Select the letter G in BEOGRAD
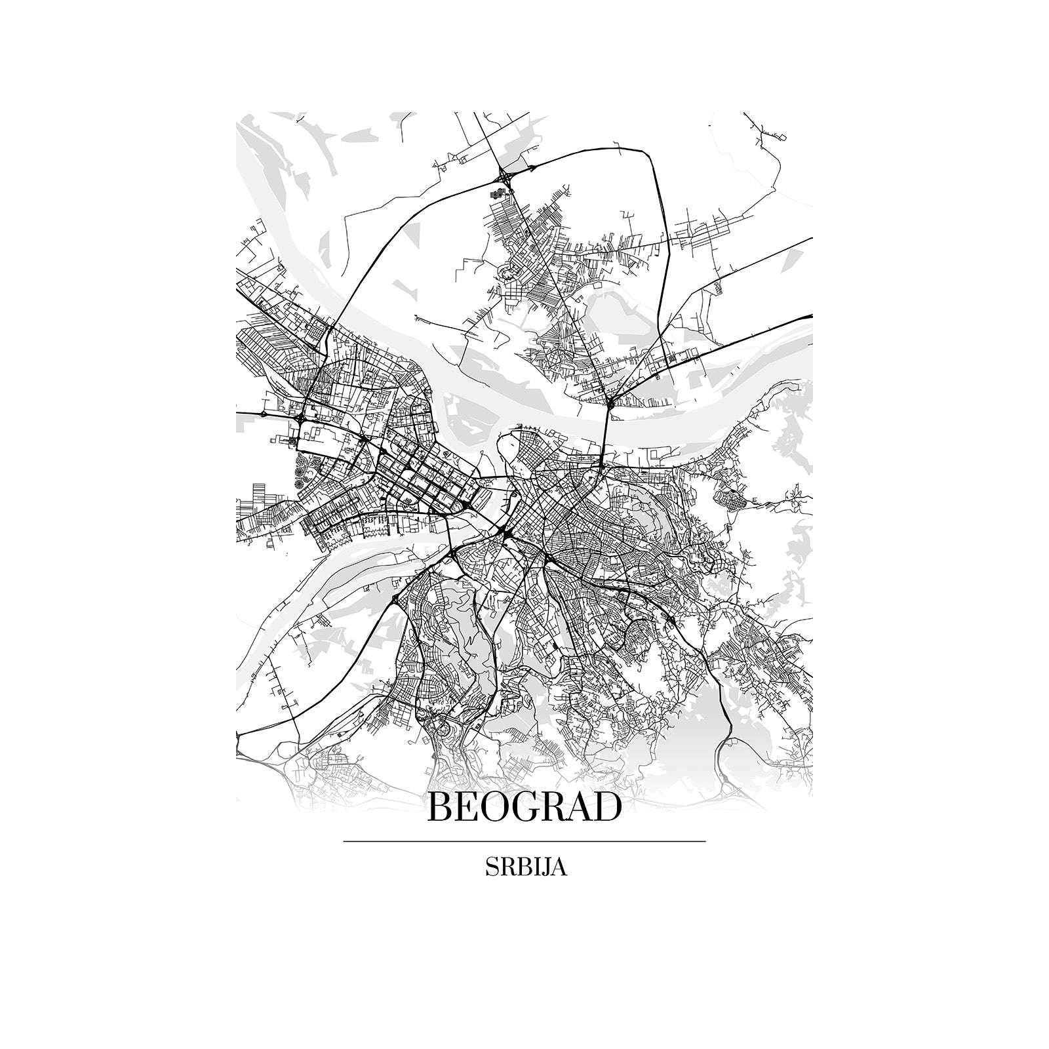point(513,808)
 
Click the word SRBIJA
point(524,867)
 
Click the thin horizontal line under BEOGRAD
point(524,841)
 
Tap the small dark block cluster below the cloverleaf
point(500,193)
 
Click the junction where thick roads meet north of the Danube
point(610,401)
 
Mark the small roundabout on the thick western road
point(264,414)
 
